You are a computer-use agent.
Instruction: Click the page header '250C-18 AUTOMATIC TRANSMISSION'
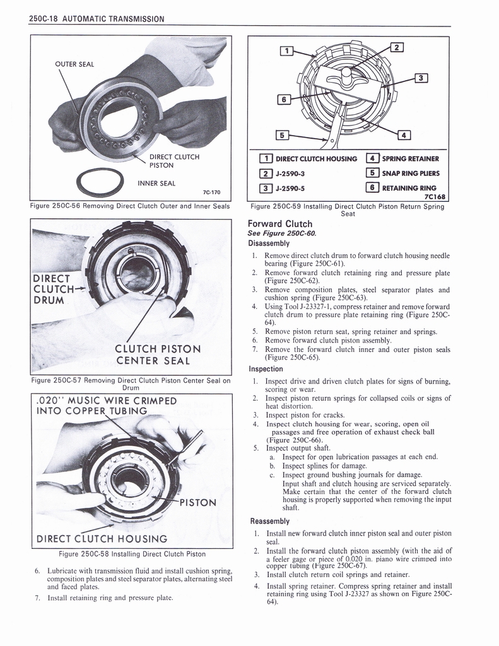96,19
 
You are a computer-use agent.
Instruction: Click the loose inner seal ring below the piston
99,183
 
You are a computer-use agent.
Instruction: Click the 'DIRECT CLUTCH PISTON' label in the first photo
174,161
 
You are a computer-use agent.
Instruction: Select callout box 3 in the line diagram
421,78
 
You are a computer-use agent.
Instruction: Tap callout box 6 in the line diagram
285,98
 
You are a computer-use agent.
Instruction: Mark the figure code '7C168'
435,196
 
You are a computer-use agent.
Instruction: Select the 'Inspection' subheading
266,368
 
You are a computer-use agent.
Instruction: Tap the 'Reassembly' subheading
269,521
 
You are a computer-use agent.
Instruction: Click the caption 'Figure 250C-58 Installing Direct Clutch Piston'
132,554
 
